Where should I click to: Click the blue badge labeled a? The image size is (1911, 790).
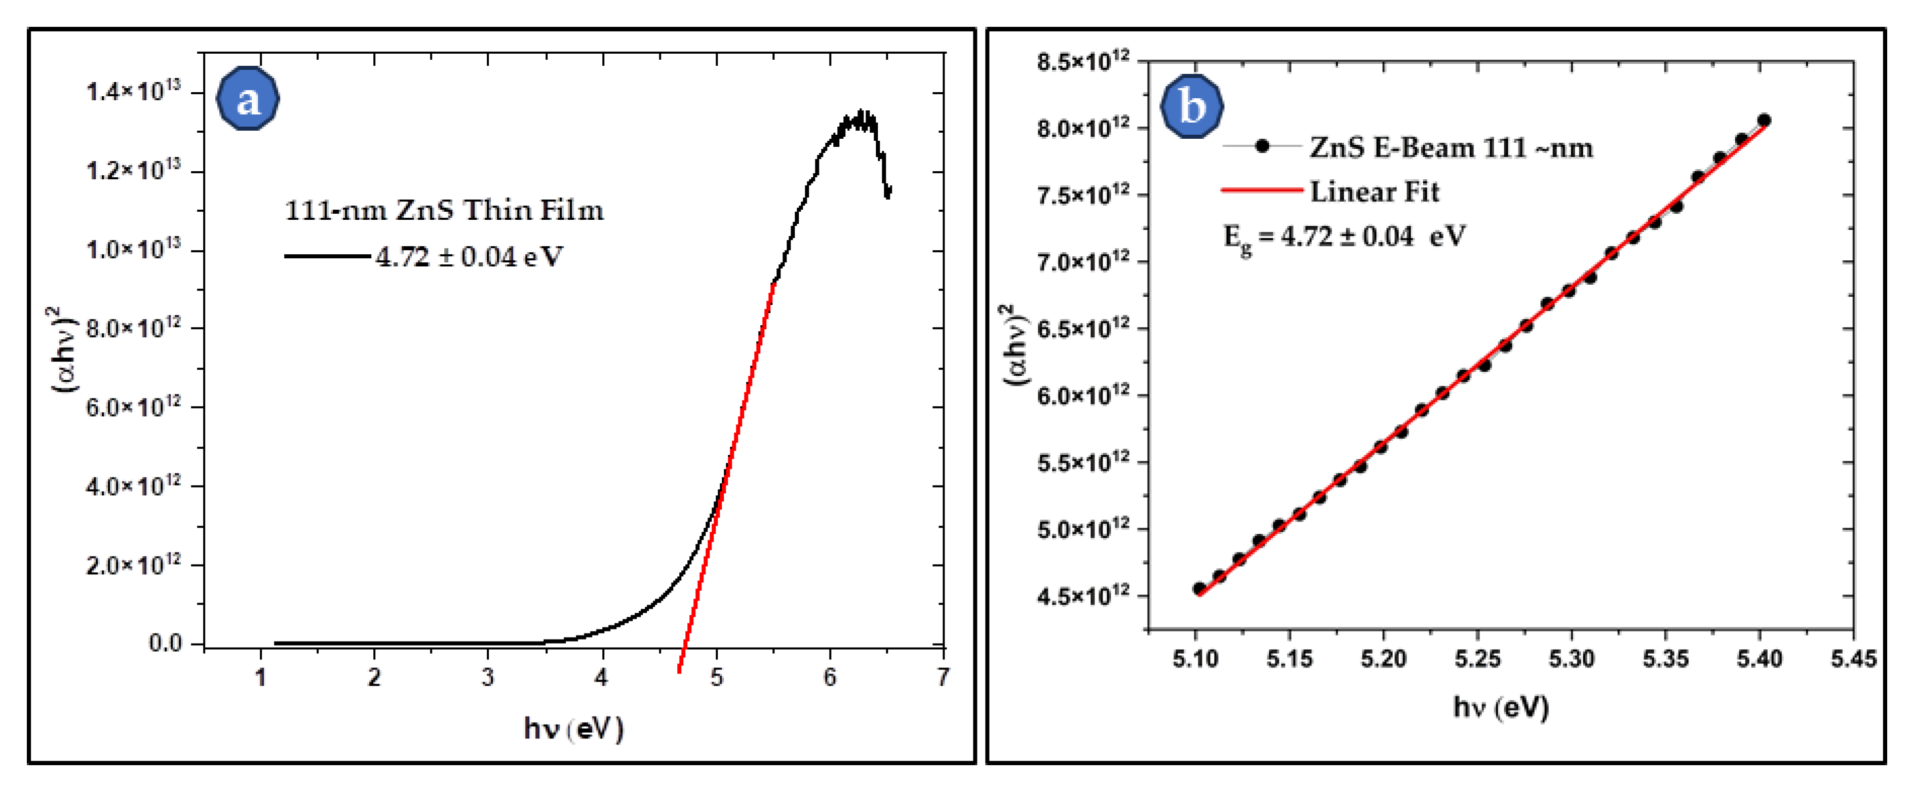pyautogui.click(x=248, y=99)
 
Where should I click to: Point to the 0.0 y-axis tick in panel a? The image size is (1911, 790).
pyautogui.click(x=165, y=643)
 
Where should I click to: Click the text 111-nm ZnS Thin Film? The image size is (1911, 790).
pyautogui.click(x=444, y=211)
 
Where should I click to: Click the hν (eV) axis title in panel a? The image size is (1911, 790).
pyautogui.click(x=573, y=729)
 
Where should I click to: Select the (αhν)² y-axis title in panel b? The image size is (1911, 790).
pyautogui.click(x=1016, y=345)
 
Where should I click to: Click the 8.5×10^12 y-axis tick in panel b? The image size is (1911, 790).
pyautogui.click(x=1083, y=62)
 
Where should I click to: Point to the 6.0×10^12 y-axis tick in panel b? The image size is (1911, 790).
pyautogui.click(x=1083, y=396)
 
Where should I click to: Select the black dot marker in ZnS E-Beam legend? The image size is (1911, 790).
pyautogui.click(x=1262, y=146)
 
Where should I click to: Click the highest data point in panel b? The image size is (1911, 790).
pyautogui.click(x=1764, y=120)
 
